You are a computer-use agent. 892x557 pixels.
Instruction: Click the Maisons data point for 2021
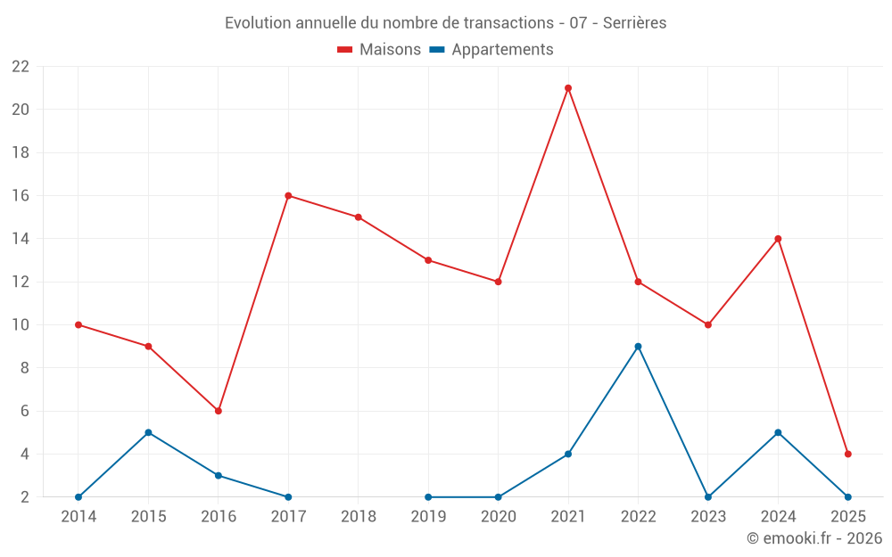[x=568, y=88]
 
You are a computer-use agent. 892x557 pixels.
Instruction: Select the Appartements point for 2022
[x=638, y=347]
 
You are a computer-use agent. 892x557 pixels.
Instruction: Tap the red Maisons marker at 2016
[x=218, y=411]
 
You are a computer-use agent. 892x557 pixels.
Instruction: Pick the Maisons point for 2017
[x=288, y=196]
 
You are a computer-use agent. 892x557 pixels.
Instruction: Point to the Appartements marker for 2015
[x=148, y=432]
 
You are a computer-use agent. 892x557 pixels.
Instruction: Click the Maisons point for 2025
[x=847, y=454]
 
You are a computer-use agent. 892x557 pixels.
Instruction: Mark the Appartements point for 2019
[x=428, y=497]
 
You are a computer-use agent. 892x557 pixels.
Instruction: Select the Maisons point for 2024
[x=778, y=239]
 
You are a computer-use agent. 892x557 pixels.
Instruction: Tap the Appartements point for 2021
[x=568, y=454]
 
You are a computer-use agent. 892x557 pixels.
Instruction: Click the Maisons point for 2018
[x=358, y=217]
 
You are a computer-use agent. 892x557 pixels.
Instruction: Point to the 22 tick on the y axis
[x=21, y=67]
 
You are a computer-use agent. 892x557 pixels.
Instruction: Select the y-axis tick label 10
[x=21, y=325]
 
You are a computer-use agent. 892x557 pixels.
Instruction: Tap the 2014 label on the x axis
[x=78, y=517]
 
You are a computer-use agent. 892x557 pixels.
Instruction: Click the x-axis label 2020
[x=498, y=517]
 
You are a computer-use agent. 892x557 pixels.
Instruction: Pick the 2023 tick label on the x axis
[x=708, y=517]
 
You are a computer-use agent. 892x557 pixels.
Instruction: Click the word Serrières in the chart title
[x=634, y=23]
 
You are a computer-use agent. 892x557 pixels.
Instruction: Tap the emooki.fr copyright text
[x=814, y=538]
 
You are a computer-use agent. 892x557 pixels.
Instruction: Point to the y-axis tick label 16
[x=21, y=196]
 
